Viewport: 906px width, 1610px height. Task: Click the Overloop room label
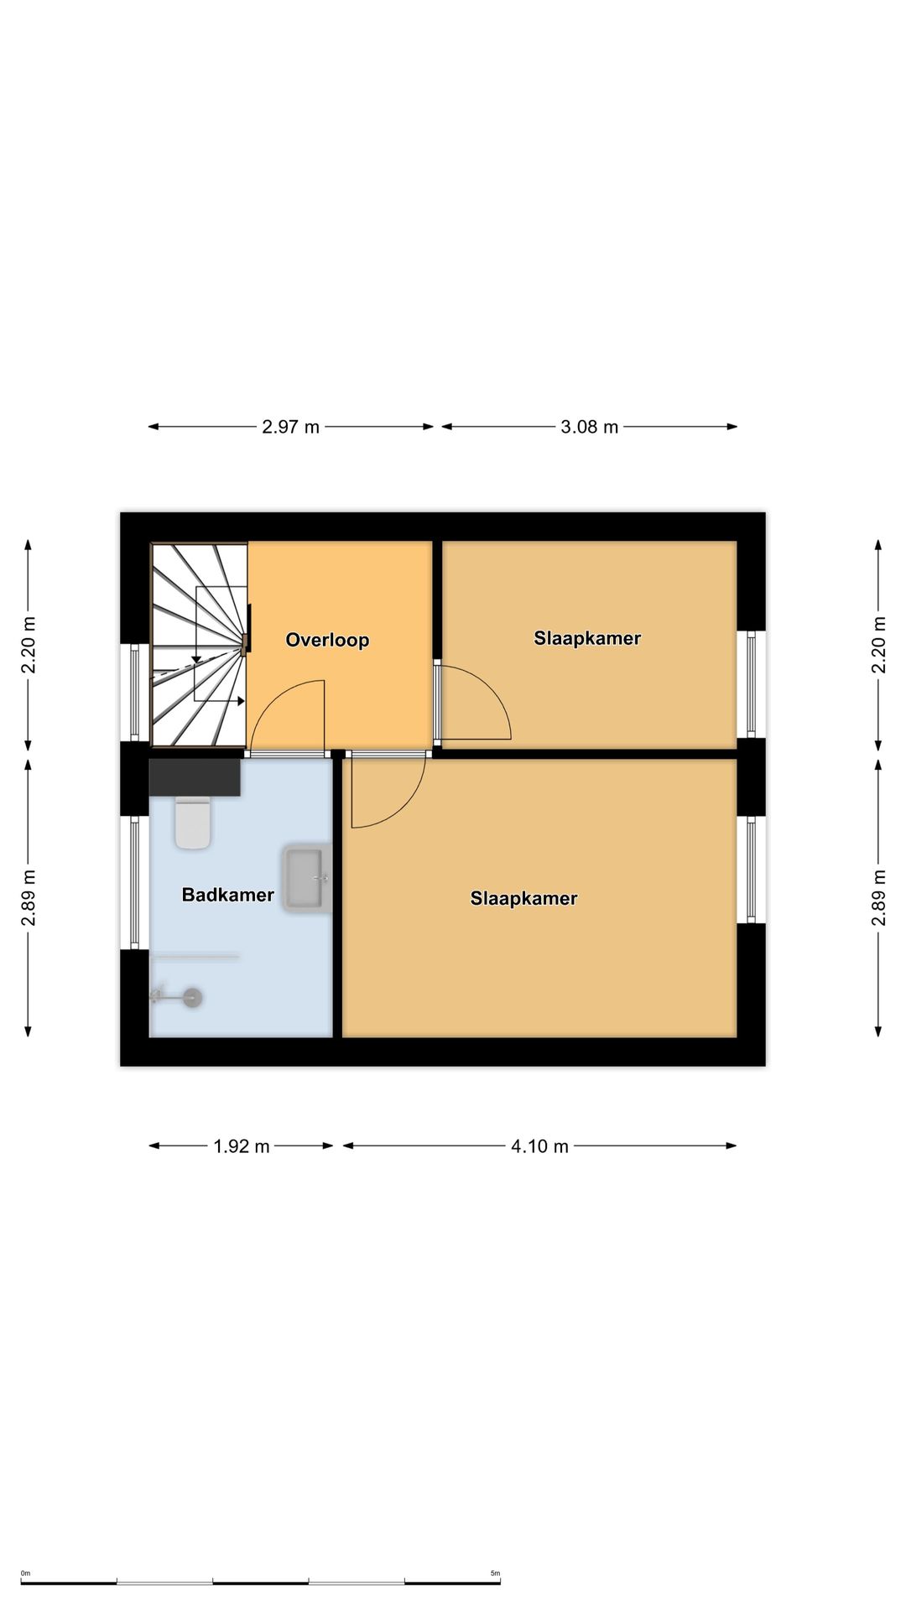(x=327, y=640)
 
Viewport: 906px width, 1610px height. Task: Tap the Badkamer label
(x=228, y=895)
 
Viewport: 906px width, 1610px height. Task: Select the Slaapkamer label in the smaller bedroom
(x=587, y=638)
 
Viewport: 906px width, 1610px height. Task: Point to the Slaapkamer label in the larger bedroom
(x=523, y=899)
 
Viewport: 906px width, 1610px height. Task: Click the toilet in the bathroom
(x=193, y=823)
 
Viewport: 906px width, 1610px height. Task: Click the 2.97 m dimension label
(x=290, y=427)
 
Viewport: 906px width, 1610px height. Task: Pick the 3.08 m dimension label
(x=589, y=427)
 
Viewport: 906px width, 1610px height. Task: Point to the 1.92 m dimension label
(x=242, y=1146)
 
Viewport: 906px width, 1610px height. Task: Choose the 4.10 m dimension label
(x=540, y=1146)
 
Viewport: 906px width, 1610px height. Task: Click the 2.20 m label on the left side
(x=29, y=645)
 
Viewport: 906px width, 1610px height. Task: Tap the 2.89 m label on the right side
(x=879, y=898)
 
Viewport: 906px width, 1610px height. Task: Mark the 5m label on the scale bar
(x=495, y=1573)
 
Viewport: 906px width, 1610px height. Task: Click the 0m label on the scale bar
(x=25, y=1573)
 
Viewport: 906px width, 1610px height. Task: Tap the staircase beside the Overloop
(x=199, y=645)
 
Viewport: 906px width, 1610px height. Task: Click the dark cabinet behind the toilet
(x=195, y=777)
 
